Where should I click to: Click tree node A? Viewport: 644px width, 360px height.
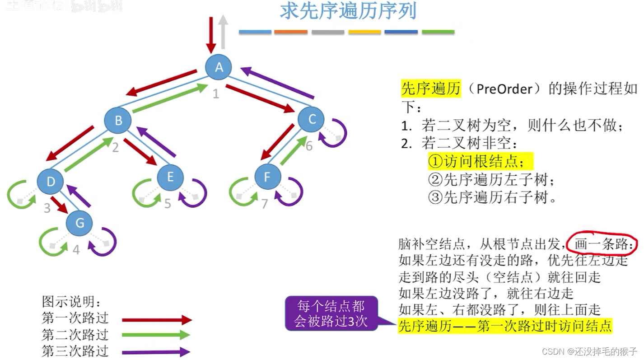219,67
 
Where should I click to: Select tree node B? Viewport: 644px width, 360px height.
118,120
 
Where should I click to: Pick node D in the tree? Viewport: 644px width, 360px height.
50,181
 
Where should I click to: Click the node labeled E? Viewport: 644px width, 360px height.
170,177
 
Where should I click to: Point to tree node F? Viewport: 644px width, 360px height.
267,177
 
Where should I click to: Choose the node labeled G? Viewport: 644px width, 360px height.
79,223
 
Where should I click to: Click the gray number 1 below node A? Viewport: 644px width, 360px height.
216,94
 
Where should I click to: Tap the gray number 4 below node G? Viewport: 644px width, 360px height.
76,249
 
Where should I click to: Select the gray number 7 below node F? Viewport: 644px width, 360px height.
265,204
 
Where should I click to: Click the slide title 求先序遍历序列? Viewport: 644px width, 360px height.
348,11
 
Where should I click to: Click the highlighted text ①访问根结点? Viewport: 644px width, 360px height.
481,161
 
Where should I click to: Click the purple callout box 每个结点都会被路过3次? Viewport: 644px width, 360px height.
331,313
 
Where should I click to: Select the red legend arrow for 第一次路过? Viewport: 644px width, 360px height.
157,320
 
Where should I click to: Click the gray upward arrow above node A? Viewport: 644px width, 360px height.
223,32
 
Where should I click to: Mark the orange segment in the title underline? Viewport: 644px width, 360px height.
291,32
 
